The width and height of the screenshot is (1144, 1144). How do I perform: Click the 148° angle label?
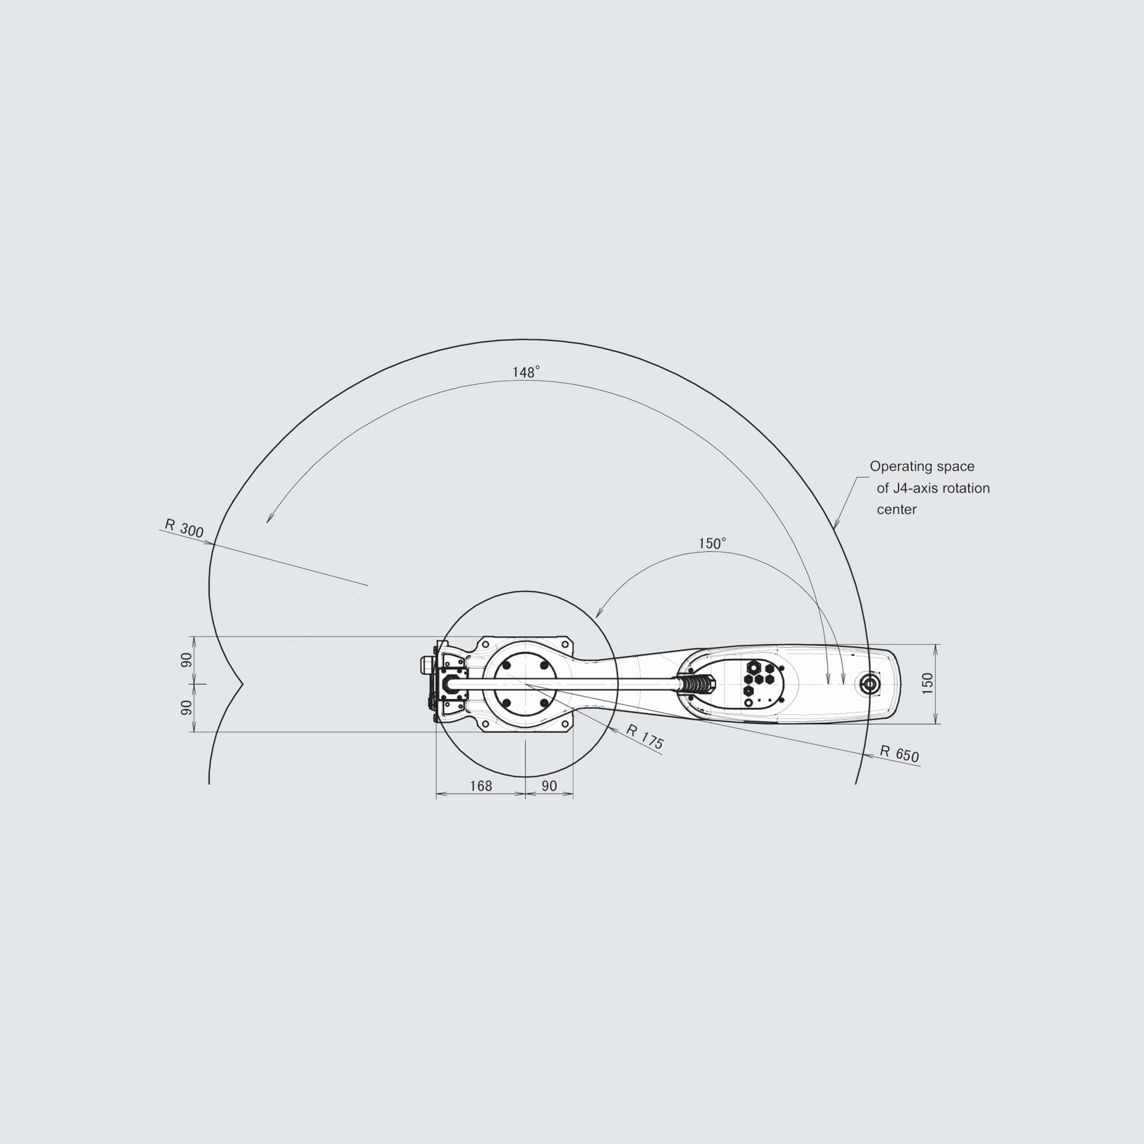pyautogui.click(x=526, y=372)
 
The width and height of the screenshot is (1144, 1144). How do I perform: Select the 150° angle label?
pyautogui.click(x=712, y=544)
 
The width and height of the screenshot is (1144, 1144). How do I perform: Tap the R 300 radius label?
pyautogui.click(x=184, y=528)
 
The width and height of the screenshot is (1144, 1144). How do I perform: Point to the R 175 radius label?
pyautogui.click(x=645, y=737)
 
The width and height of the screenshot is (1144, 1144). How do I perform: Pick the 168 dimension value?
pyautogui.click(x=481, y=786)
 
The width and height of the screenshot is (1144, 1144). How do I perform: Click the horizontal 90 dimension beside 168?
pyautogui.click(x=550, y=786)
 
